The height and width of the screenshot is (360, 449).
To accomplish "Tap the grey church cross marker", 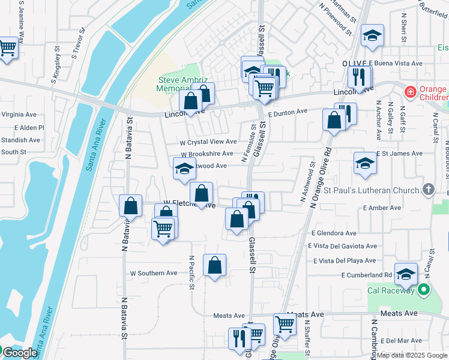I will click(x=428, y=190).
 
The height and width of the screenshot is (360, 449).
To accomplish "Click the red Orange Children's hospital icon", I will click(x=410, y=92).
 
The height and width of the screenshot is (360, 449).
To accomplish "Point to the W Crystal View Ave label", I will click(x=208, y=142).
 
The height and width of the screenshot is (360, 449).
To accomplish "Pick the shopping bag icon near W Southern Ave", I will click(x=214, y=265).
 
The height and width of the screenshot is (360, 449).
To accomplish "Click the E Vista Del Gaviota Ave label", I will click(x=342, y=246).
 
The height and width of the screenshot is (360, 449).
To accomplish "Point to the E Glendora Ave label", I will click(x=334, y=233).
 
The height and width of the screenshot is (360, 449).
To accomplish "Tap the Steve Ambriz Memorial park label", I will click(x=174, y=84).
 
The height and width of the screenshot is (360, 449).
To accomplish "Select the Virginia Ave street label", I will click(x=19, y=114).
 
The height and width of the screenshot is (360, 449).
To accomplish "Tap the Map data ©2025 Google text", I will click(x=412, y=355).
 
